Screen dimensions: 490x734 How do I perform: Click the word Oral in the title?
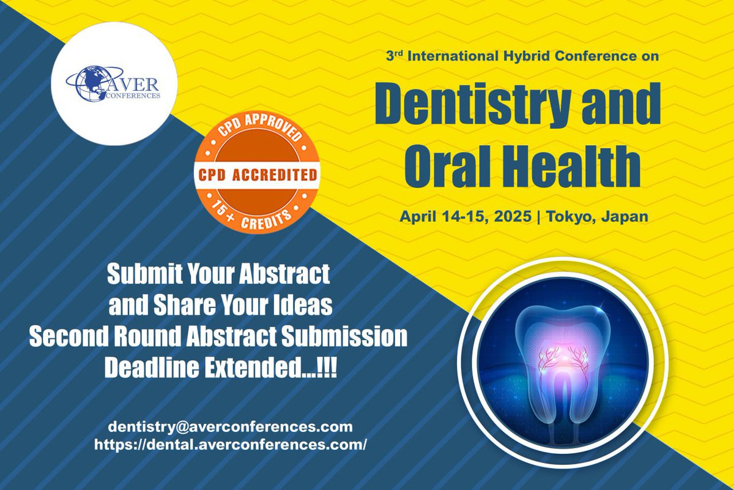click(x=440, y=165)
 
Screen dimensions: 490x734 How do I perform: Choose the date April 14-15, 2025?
click(x=464, y=217)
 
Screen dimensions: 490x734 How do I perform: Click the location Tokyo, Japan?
click(x=596, y=217)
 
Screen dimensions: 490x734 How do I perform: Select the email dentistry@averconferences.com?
click(x=230, y=426)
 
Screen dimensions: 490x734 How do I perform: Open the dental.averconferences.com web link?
click(x=230, y=445)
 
